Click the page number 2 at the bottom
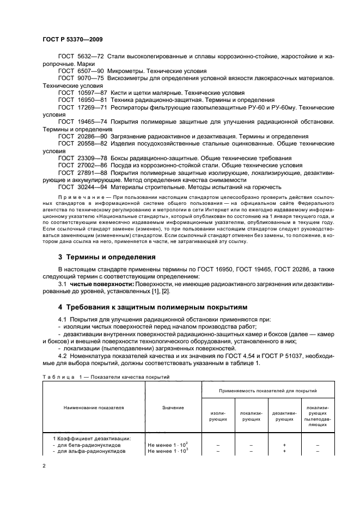45,466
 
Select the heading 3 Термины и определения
107,256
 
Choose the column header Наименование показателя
94,407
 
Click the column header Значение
173,407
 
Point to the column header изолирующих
218,417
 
